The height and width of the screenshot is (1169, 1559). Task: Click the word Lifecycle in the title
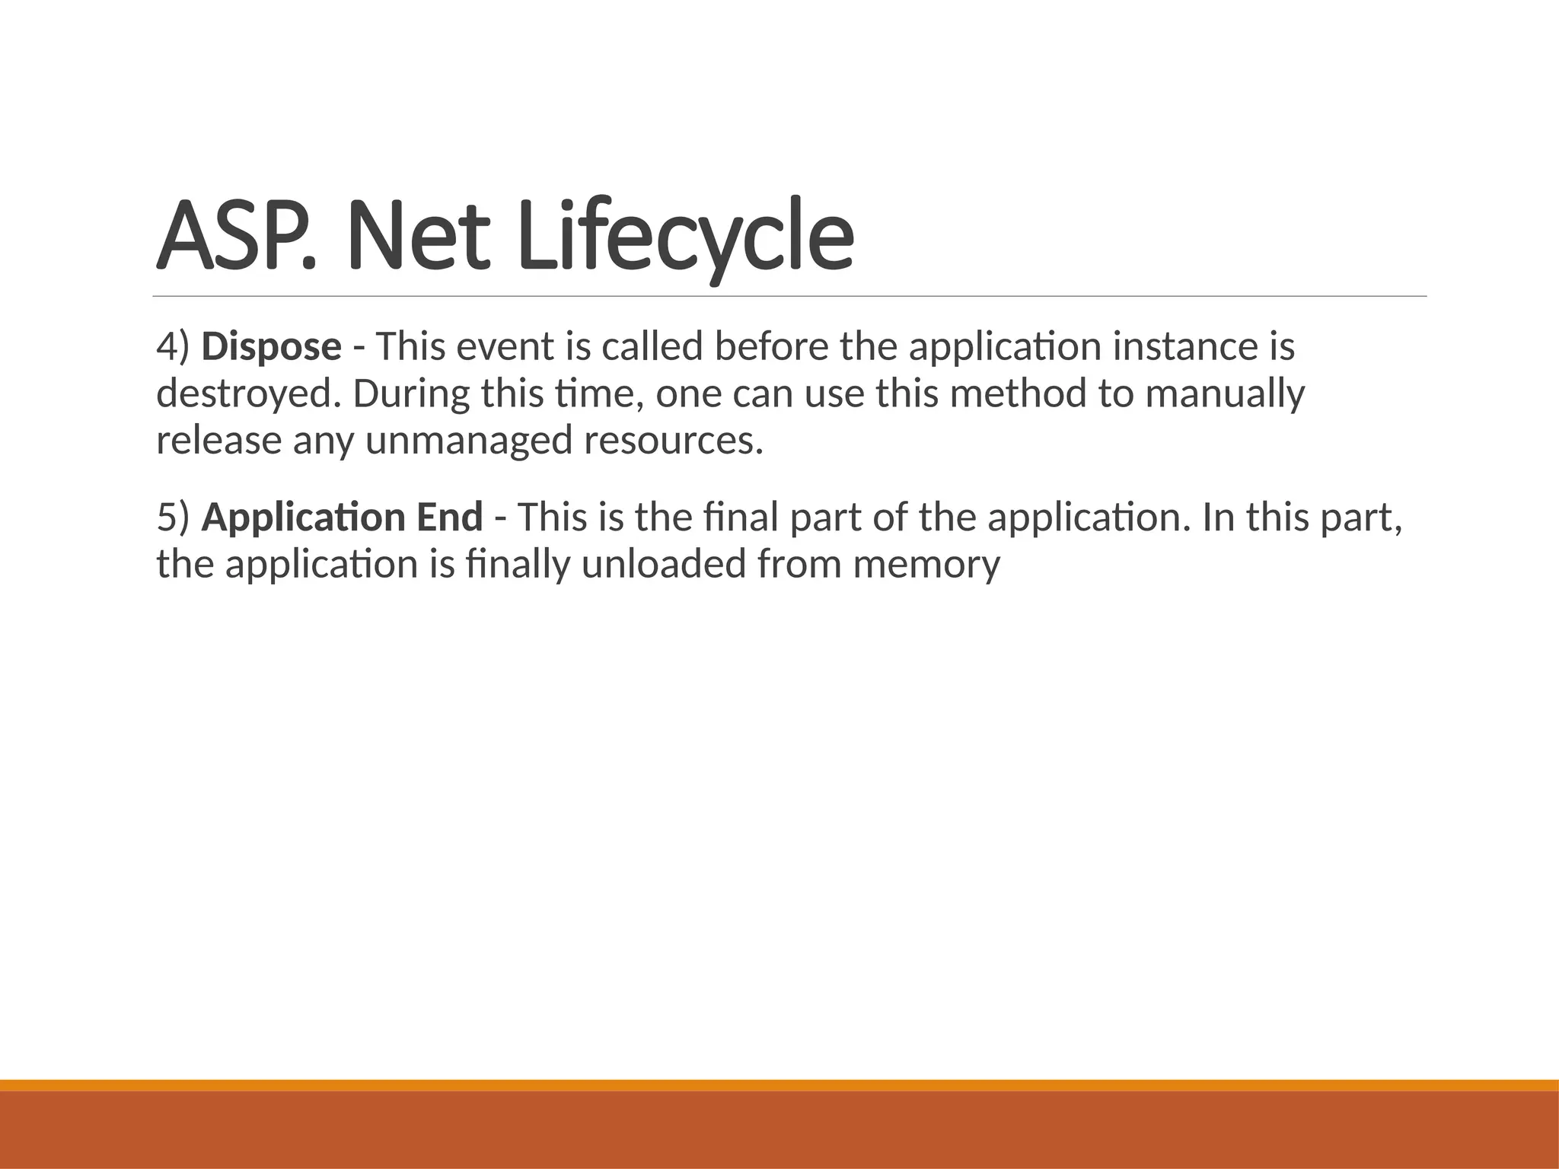point(685,236)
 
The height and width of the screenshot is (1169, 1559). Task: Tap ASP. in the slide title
point(236,236)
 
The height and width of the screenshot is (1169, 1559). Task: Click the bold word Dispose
point(271,347)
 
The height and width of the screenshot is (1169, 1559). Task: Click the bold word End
point(449,518)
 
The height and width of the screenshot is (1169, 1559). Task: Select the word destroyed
point(248,394)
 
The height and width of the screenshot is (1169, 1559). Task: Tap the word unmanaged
point(469,441)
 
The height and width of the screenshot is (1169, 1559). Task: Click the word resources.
point(673,441)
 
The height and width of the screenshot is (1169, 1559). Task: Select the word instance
point(1184,347)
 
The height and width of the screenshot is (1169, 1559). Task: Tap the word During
point(410,394)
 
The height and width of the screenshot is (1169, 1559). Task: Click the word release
point(218,441)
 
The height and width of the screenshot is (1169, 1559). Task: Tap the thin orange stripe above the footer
point(779,1085)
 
